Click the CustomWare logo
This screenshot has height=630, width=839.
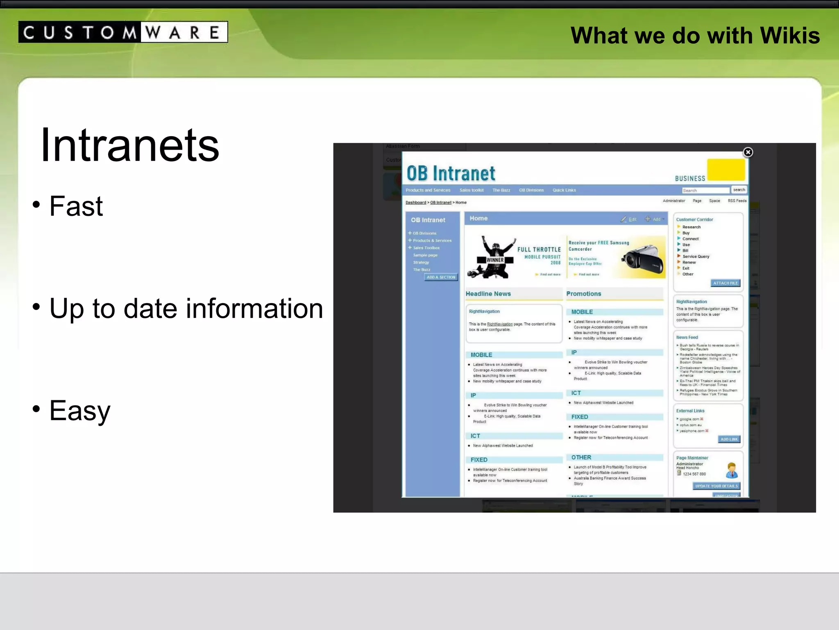pyautogui.click(x=123, y=32)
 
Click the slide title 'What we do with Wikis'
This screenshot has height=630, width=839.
pyautogui.click(x=695, y=35)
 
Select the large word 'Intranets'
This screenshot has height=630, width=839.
pyautogui.click(x=130, y=145)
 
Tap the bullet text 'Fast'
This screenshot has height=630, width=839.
pyautogui.click(x=76, y=206)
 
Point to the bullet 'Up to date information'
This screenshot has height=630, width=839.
pyautogui.click(x=186, y=308)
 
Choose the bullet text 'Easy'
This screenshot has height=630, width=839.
pyautogui.click(x=80, y=411)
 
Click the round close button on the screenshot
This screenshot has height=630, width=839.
pyautogui.click(x=748, y=152)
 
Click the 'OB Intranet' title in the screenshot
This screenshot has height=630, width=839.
pyautogui.click(x=451, y=174)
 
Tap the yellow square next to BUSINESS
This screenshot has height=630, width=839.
pyautogui.click(x=726, y=170)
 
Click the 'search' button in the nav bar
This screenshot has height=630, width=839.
pyautogui.click(x=739, y=190)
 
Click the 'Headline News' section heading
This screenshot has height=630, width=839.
pyautogui.click(x=488, y=294)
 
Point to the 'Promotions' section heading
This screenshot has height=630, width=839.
pyautogui.click(x=583, y=294)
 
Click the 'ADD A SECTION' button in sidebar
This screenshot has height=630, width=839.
pyautogui.click(x=441, y=277)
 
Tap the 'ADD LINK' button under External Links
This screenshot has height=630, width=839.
pyautogui.click(x=729, y=439)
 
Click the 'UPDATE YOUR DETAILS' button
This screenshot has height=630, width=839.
pyautogui.click(x=716, y=486)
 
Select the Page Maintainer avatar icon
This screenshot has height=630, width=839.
pyautogui.click(x=732, y=470)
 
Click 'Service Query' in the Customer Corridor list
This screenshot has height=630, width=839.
pyautogui.click(x=696, y=256)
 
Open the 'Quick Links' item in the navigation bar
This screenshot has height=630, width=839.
pyautogui.click(x=564, y=190)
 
